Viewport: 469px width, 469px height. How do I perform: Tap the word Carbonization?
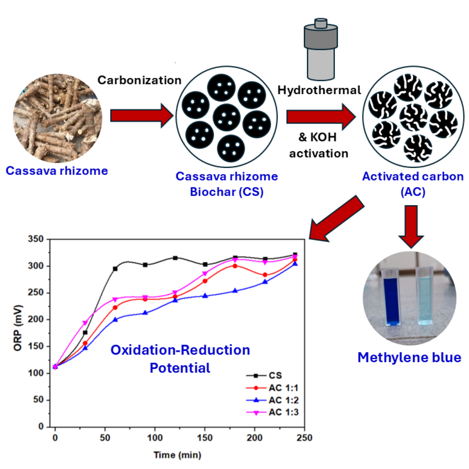(x=140, y=80)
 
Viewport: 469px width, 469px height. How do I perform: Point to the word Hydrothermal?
(x=319, y=90)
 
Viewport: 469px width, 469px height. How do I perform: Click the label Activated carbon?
(x=413, y=176)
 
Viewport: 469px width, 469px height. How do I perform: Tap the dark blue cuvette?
(x=393, y=301)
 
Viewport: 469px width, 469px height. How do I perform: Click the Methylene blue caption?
(x=409, y=357)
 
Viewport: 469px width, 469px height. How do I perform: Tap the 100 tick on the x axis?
(x=155, y=438)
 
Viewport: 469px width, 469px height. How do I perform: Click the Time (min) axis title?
(x=177, y=455)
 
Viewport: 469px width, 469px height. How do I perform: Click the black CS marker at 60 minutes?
(x=115, y=269)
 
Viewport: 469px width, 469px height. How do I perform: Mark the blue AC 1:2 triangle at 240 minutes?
(x=295, y=264)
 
